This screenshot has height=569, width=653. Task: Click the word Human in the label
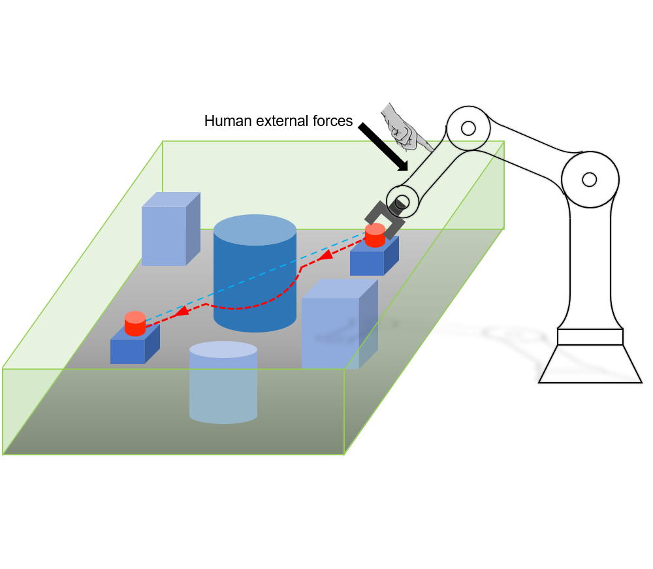point(223,122)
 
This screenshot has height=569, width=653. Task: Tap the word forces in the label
point(332,122)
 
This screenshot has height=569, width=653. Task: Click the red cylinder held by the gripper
point(375,235)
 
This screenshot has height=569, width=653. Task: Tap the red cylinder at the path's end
point(135,324)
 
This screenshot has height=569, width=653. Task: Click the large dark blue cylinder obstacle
point(255,274)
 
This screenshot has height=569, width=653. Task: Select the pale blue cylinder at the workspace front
point(223,382)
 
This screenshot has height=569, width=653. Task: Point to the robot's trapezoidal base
point(590,363)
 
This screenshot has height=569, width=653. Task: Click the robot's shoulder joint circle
point(589,179)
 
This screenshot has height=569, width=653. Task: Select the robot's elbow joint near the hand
point(468,127)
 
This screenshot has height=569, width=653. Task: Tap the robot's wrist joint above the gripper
point(402,201)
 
